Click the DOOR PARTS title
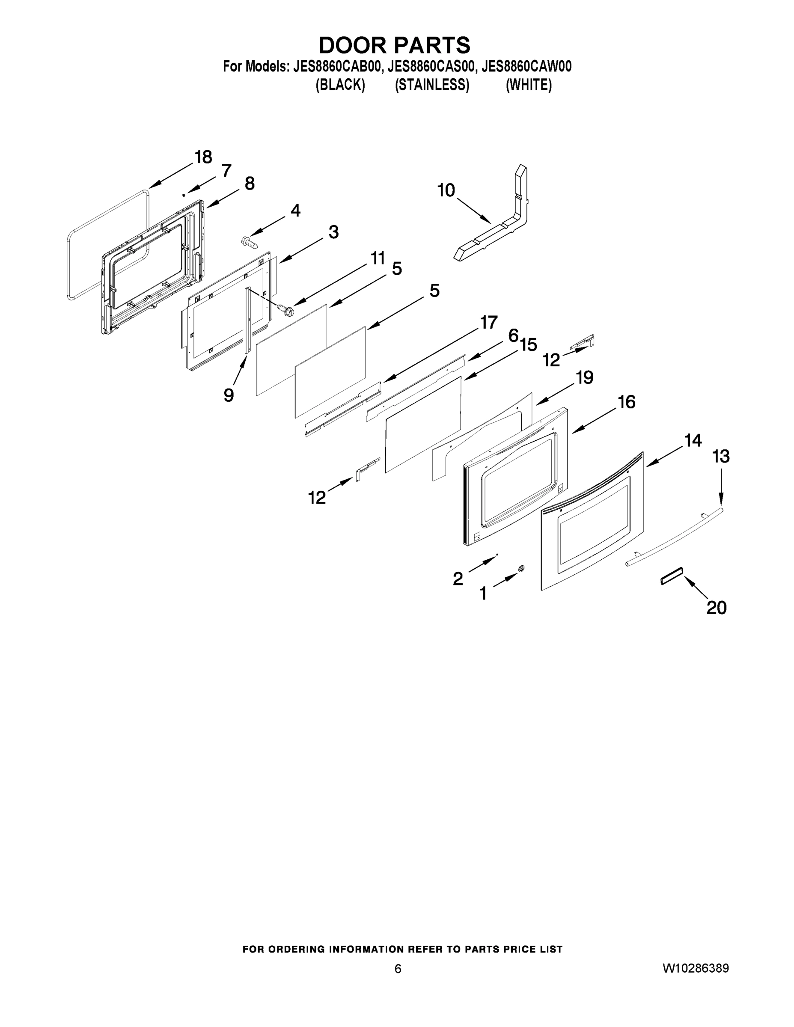click(394, 45)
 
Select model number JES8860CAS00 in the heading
click(431, 67)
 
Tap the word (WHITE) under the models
click(528, 85)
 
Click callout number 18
click(203, 157)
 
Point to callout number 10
click(446, 190)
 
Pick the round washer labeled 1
click(521, 569)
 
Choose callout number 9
click(229, 395)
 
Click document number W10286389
click(695, 968)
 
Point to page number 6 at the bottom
click(398, 969)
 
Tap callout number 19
click(585, 377)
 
